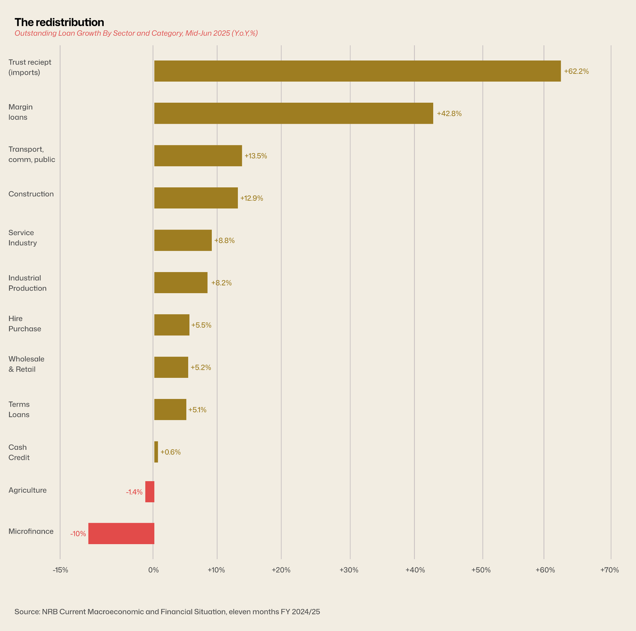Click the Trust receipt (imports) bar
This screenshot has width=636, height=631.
coord(357,71)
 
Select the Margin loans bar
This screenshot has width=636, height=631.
coord(293,113)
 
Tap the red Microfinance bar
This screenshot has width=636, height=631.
coord(121,533)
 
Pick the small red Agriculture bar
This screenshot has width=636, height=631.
coord(150,492)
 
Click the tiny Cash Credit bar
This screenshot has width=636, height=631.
coord(156,452)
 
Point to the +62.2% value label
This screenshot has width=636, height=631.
coord(576,71)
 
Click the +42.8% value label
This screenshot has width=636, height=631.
coord(449,114)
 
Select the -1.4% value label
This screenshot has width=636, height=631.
coord(134,492)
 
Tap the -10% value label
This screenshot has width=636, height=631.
coord(78,534)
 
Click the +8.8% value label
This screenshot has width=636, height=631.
coord(225,240)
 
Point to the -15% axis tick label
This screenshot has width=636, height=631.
coord(60,570)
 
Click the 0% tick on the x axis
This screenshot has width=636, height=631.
coord(153,570)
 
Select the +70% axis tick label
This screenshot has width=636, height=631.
coord(609,570)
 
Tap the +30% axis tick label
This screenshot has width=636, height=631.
coord(349,570)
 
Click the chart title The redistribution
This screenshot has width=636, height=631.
coord(59,22)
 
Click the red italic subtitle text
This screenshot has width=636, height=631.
coord(136,33)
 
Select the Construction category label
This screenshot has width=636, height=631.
coord(31,194)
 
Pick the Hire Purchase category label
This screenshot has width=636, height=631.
coord(25,324)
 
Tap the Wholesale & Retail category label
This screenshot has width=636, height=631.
coord(26,364)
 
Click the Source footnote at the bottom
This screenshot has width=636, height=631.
coord(167,611)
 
